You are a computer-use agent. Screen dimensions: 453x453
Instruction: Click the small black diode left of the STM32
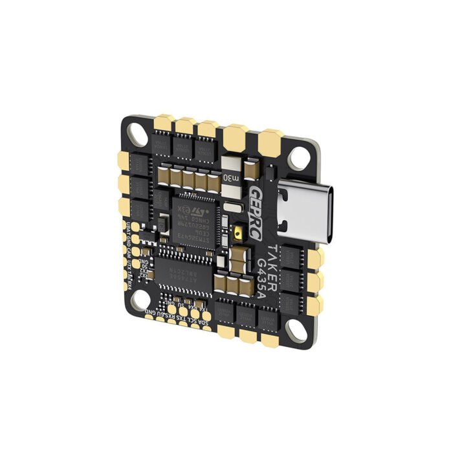pos(162,224)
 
